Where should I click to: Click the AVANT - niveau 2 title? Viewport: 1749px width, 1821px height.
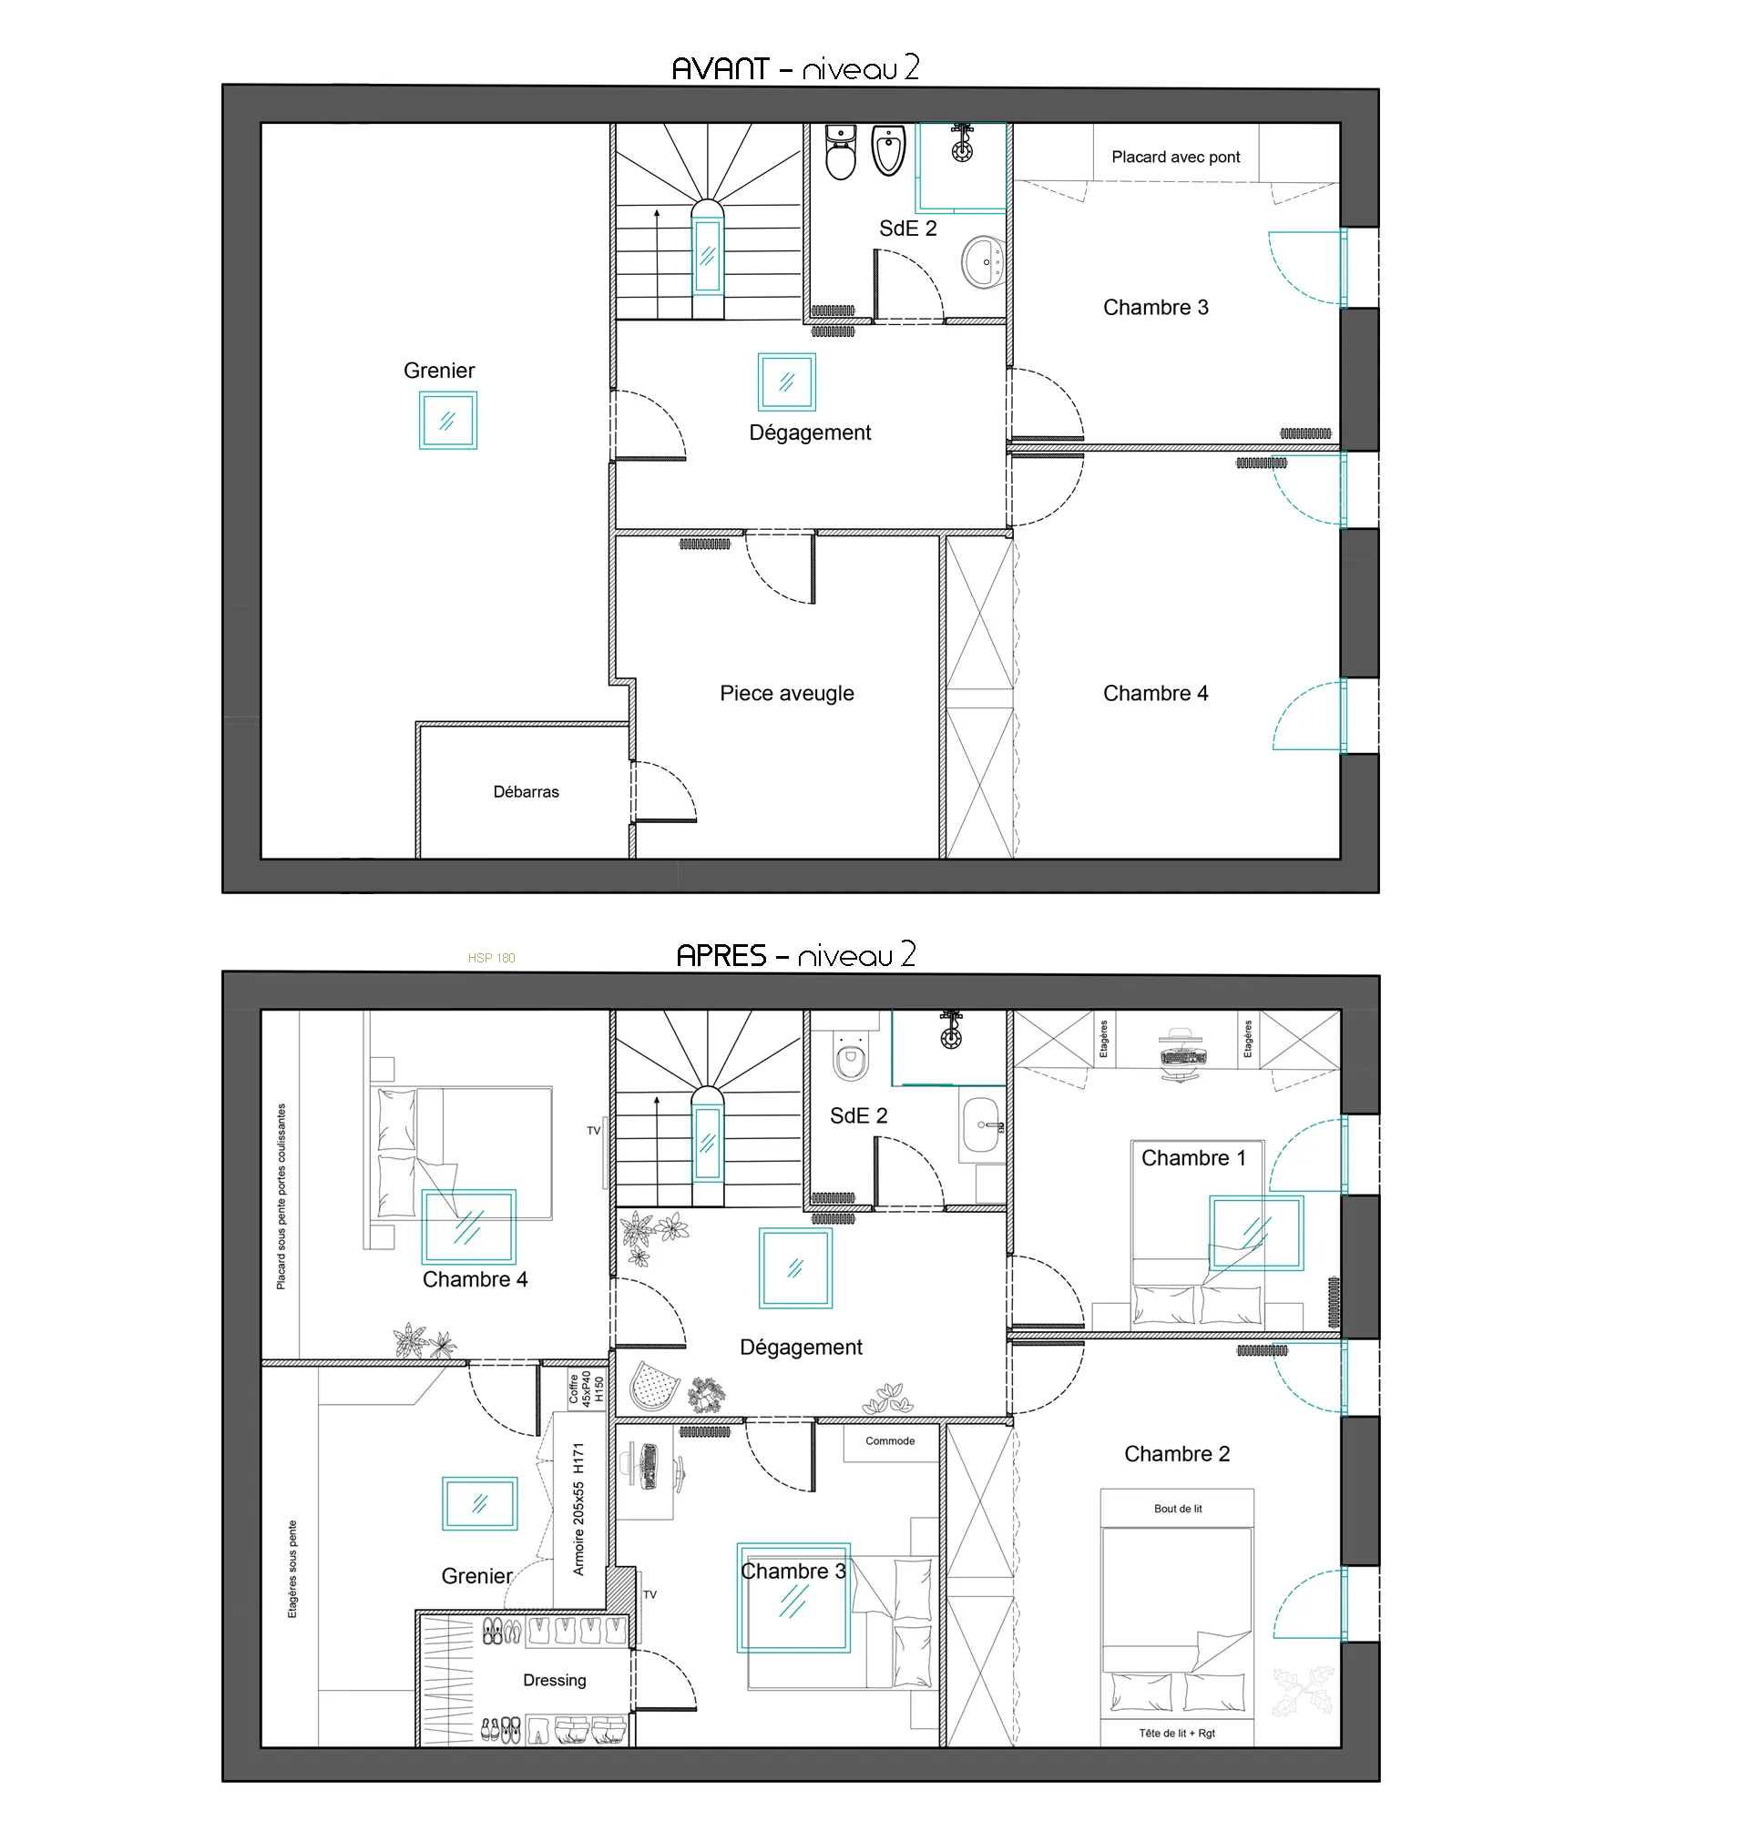(x=794, y=67)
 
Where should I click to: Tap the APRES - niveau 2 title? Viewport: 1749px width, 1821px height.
(x=795, y=955)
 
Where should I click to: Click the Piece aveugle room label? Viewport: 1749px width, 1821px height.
(x=786, y=693)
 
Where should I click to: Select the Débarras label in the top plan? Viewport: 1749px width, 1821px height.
(x=526, y=791)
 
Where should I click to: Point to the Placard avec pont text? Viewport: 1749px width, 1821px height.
(x=1176, y=157)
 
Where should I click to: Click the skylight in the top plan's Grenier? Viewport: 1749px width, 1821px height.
(x=448, y=420)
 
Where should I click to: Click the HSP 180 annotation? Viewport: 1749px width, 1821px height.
(x=492, y=958)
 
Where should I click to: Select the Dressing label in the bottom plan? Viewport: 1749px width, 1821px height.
(x=555, y=1680)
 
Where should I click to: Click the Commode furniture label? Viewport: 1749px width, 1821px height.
(x=890, y=1441)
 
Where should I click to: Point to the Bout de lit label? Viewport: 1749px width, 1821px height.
(x=1178, y=1509)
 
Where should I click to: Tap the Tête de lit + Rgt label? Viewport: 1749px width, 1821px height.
(x=1178, y=1733)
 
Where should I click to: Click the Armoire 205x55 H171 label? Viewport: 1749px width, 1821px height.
(x=578, y=1510)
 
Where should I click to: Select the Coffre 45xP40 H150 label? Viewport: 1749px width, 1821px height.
(x=587, y=1389)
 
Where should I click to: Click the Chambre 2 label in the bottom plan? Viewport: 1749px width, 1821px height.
(x=1177, y=1454)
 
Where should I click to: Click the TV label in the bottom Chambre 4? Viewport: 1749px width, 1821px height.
(x=594, y=1131)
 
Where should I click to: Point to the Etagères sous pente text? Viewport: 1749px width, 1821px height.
(x=292, y=1569)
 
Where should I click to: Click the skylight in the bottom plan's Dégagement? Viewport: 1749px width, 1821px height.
(x=795, y=1268)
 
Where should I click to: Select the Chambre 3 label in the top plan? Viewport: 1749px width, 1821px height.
(x=1155, y=308)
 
